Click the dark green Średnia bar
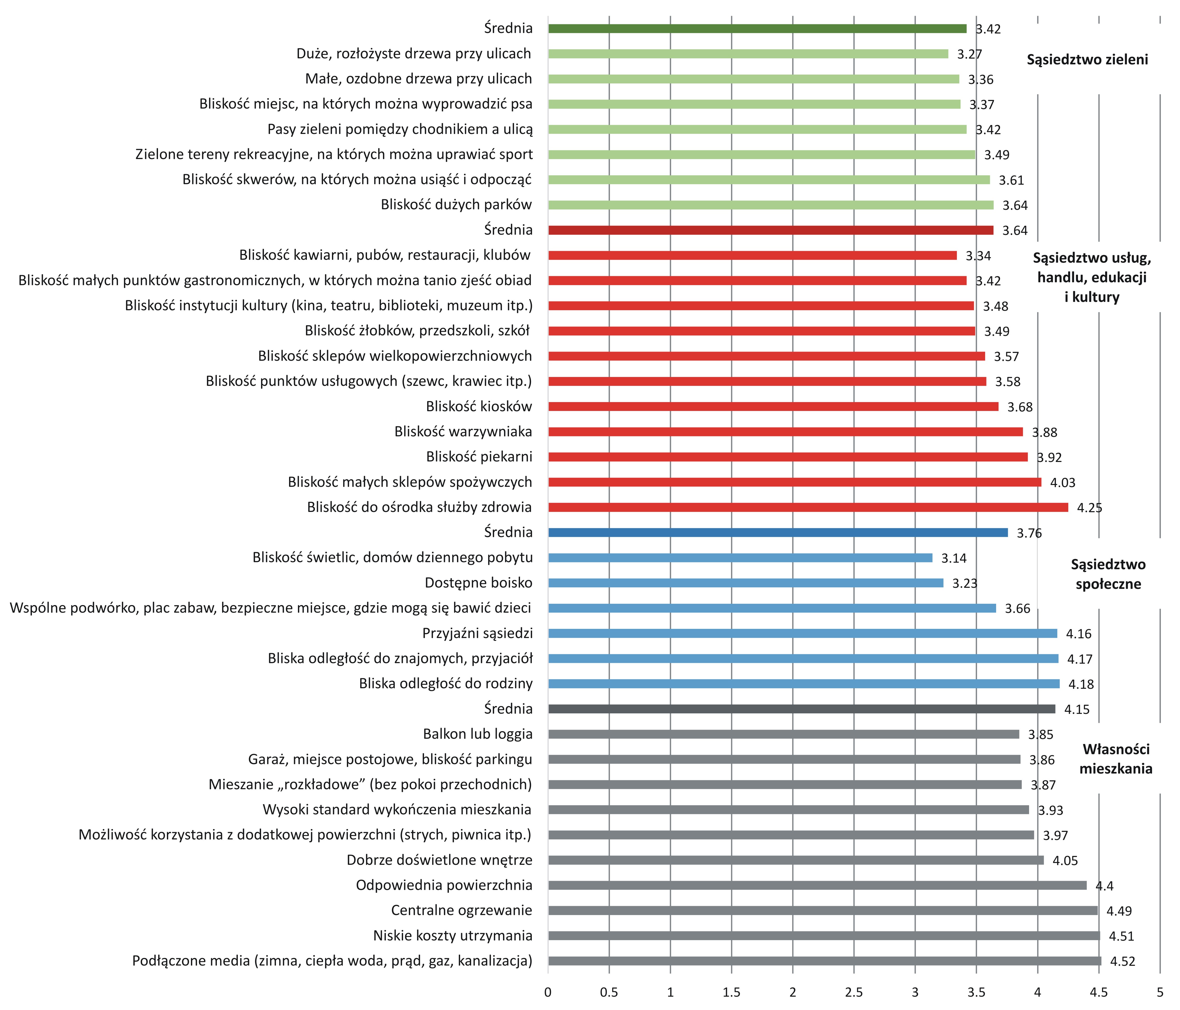(758, 29)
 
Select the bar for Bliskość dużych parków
(771, 205)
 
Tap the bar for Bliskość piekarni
(788, 457)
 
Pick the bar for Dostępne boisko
(746, 583)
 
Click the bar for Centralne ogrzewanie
(822, 910)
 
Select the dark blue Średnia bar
(778, 533)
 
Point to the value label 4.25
(1089, 507)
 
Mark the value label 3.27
(969, 54)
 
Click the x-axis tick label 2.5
(854, 992)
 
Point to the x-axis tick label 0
(548, 992)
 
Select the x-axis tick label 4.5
(1099, 992)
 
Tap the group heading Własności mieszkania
(1116, 759)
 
